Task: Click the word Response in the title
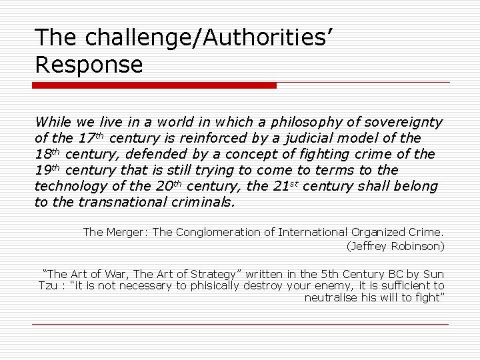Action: pyautogui.click(x=89, y=65)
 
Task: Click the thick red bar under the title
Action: pyautogui.click(x=154, y=85)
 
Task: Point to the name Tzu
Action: pyautogui.click(x=48, y=286)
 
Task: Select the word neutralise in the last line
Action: pyautogui.click(x=331, y=298)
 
